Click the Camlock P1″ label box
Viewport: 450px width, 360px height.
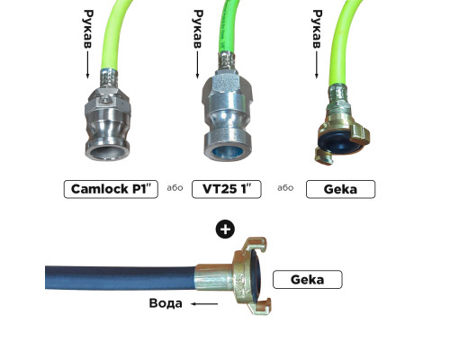pos(111,189)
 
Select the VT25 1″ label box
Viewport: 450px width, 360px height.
pos(227,189)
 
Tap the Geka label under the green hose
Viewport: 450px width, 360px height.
pos(340,189)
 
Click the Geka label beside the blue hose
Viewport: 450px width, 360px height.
pos(308,280)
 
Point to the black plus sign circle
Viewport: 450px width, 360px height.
pos(225,229)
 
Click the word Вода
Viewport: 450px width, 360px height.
pos(166,303)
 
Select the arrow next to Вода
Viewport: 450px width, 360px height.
pos(204,304)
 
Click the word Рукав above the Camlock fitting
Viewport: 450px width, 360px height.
pos(88,29)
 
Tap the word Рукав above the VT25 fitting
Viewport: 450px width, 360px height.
pos(198,29)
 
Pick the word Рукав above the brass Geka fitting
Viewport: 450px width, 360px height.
pos(317,29)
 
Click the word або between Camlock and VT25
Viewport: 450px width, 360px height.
pos(175,188)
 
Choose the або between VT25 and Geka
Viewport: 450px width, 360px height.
pos(285,188)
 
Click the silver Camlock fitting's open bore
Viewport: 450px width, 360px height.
pos(108,152)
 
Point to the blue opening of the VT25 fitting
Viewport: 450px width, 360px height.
pos(227,152)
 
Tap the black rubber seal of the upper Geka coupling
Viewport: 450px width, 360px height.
pos(339,141)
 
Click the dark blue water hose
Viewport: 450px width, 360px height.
pos(121,277)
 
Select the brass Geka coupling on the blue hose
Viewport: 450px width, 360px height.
pos(239,276)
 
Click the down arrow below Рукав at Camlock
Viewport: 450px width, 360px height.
pos(88,65)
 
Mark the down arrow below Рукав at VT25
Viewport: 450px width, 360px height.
pos(197,65)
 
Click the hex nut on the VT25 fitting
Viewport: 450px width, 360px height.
pos(227,85)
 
